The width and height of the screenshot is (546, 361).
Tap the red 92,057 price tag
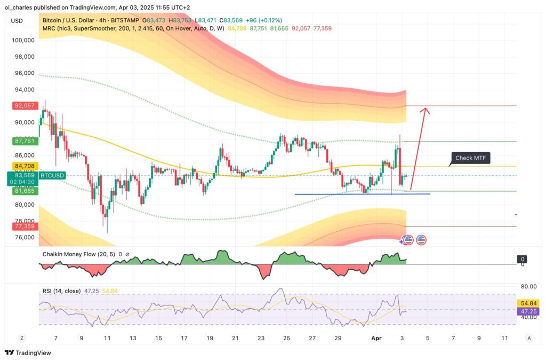click(25, 106)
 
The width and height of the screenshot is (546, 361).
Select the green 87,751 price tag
click(25, 141)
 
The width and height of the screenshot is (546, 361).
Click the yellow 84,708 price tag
click(25, 166)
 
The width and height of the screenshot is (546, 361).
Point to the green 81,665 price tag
click(25, 191)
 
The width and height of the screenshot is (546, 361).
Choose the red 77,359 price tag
click(25, 226)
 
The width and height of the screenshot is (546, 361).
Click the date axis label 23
click(261, 338)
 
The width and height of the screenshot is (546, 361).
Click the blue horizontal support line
click(363, 194)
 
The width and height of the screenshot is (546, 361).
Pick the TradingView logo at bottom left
click(27, 352)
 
